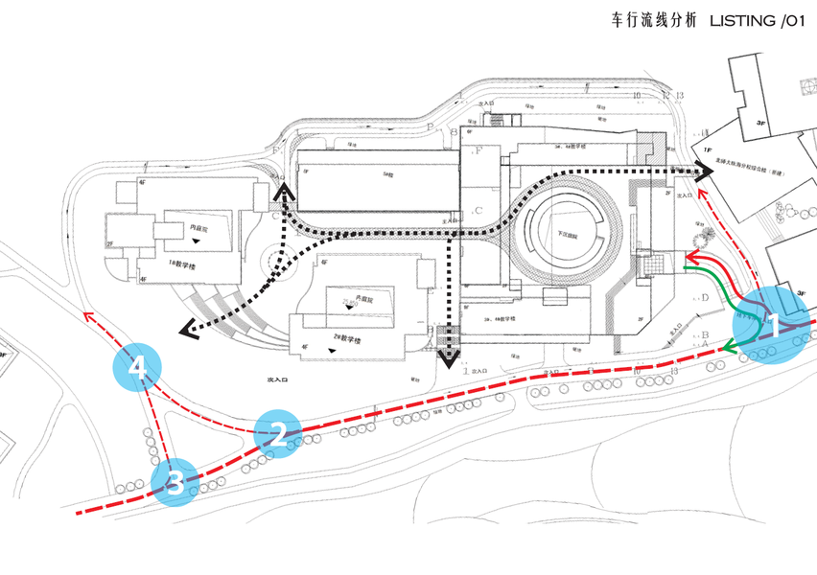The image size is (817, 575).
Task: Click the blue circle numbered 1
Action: [771, 326]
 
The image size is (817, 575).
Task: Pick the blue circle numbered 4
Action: [138, 366]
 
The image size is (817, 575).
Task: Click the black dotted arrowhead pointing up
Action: [283, 193]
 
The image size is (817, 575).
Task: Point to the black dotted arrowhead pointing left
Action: [187, 331]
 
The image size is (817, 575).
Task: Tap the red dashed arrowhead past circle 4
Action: [87, 313]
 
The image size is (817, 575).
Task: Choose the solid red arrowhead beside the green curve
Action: [689, 261]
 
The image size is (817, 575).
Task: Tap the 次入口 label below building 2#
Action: [278, 380]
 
